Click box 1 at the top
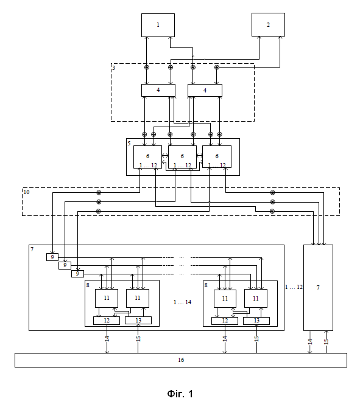click(158, 26)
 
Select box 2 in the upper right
click(268, 25)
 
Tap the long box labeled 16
click(181, 360)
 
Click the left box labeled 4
click(158, 91)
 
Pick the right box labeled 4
click(205, 91)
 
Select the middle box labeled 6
click(182, 157)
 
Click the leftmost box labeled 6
click(147, 157)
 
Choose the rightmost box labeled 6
click(217, 156)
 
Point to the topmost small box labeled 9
click(52, 257)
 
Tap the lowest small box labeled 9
click(77, 273)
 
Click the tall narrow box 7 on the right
click(318, 288)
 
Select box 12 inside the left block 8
click(107, 321)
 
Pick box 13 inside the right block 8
click(256, 321)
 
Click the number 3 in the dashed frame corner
click(114, 68)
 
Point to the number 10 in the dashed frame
click(26, 192)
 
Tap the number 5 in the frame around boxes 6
click(129, 143)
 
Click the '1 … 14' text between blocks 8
click(182, 302)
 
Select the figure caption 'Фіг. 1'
click(180, 394)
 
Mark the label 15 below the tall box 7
click(326, 342)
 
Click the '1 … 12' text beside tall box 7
click(294, 287)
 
